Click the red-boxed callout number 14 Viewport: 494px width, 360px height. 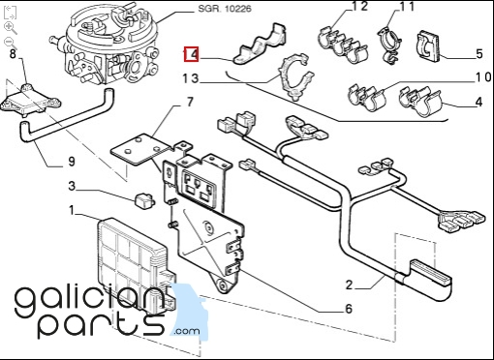pos(191,54)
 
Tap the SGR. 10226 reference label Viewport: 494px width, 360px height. pos(225,8)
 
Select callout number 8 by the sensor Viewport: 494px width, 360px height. pos(13,53)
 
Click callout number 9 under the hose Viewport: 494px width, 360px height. pos(72,161)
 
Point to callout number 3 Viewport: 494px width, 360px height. pos(72,186)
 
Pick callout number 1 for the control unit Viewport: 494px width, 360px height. pos(72,210)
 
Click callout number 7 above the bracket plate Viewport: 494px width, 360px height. pos(190,102)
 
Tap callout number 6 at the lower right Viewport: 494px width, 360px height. pos(349,309)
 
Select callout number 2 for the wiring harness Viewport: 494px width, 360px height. pos(349,285)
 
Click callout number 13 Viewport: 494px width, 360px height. pos(191,78)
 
